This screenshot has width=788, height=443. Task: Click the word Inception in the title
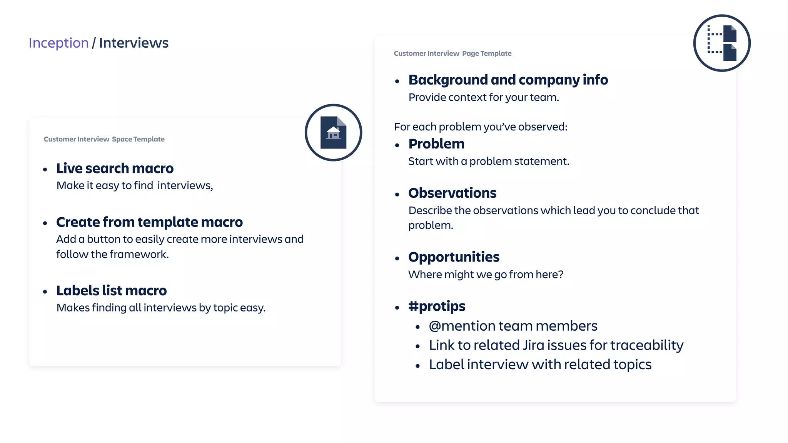(x=58, y=43)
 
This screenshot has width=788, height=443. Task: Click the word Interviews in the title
(x=134, y=43)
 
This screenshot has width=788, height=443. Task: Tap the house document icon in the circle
(x=333, y=133)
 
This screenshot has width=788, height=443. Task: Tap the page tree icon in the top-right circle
(x=722, y=43)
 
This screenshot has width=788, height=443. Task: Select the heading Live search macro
(x=115, y=168)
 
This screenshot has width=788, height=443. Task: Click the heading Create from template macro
(x=149, y=222)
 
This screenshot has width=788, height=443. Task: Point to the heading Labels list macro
(x=112, y=291)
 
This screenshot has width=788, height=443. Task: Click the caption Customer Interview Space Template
(x=104, y=139)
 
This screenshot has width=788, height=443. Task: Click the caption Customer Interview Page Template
(x=452, y=53)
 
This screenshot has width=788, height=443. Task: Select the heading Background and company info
(x=508, y=80)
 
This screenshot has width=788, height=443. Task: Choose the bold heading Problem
(x=436, y=144)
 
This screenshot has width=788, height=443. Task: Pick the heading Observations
(x=452, y=193)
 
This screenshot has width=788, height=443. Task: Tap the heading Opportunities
(x=454, y=257)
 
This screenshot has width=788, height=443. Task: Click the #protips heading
(x=437, y=306)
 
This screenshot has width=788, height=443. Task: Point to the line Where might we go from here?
(x=486, y=275)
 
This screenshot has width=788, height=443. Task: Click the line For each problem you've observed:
(x=481, y=127)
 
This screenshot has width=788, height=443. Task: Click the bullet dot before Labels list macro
(x=45, y=292)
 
